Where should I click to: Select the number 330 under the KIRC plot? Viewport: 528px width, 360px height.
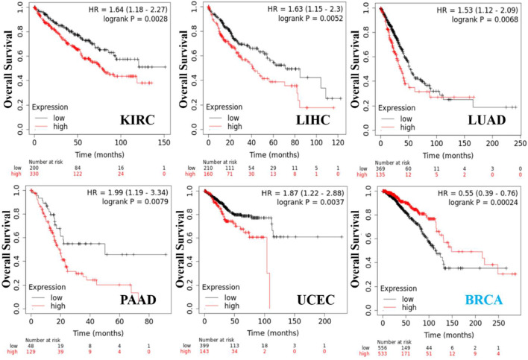coord(34,173)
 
